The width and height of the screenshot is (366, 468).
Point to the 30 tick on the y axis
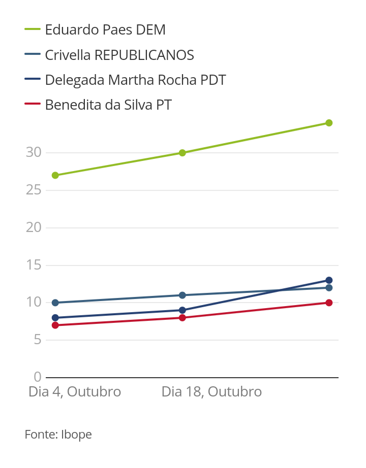pos(34,152)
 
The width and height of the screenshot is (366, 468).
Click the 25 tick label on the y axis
pos(34,190)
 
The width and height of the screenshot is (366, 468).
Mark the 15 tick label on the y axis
pos(34,265)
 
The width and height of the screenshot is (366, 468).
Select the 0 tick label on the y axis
pos(37,377)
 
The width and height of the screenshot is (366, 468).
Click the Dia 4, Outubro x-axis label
pos(75,392)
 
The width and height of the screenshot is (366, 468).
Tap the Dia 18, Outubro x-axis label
pos(211,392)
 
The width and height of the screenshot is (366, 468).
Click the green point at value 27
pos(55,175)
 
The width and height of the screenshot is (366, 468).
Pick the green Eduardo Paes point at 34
pos(329,123)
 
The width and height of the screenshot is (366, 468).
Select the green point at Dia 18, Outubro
pos(182,153)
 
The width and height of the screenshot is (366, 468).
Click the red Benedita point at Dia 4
pos(55,325)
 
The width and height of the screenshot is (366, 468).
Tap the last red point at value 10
pos(329,303)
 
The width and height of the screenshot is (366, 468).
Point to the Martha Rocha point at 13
pos(329,280)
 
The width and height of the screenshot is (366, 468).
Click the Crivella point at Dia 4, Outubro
pos(55,303)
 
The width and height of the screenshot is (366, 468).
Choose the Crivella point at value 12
pos(329,288)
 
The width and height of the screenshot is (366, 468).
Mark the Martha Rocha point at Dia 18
pos(182,310)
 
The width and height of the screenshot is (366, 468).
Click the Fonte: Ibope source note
pos(58,434)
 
